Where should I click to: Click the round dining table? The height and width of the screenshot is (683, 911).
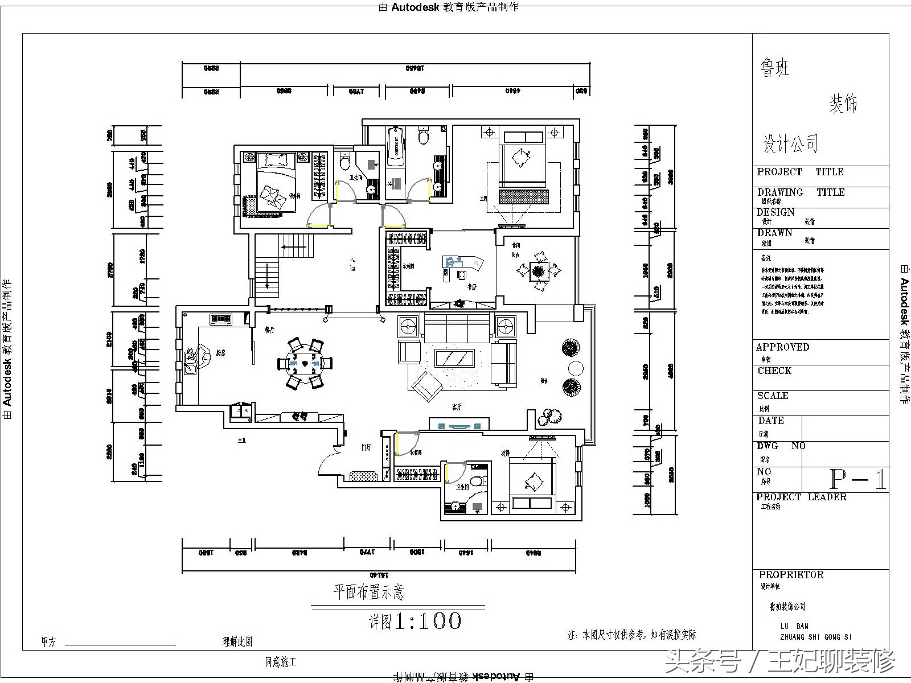point(306,363)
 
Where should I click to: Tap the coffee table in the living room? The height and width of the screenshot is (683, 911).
point(454,359)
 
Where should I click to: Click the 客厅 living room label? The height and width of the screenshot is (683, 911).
point(457,407)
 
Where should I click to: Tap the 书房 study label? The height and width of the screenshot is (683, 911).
point(471,287)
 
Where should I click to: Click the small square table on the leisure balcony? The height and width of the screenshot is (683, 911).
point(538,271)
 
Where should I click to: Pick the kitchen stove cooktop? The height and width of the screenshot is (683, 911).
point(221,319)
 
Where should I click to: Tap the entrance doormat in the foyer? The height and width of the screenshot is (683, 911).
point(365,475)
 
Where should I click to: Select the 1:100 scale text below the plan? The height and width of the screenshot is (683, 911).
point(428,621)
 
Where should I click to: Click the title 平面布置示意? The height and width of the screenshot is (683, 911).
point(369,593)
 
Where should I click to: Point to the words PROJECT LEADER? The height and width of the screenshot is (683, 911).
point(801,497)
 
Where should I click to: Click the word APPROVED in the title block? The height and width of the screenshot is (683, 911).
point(782,347)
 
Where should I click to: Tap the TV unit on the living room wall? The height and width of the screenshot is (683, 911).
point(459,425)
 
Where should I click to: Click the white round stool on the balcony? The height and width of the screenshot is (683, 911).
point(575,368)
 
